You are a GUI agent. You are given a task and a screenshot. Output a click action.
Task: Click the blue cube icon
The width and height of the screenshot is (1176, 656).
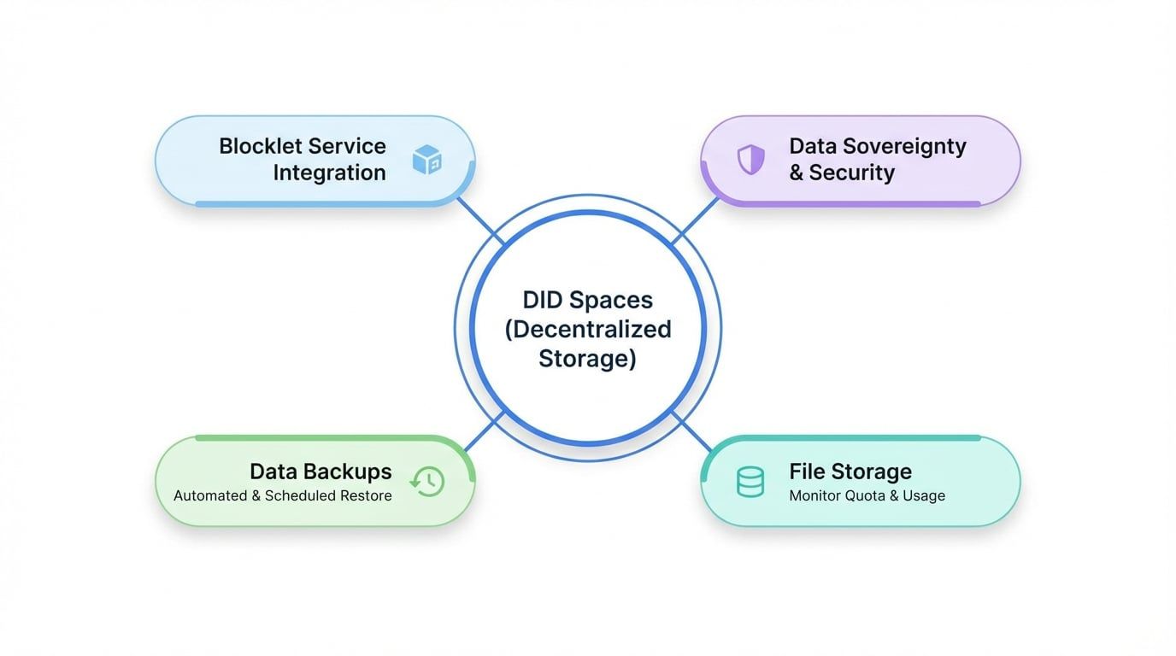pos(426,160)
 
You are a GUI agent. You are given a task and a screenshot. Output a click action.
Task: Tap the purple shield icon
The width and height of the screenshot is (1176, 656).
pos(750,159)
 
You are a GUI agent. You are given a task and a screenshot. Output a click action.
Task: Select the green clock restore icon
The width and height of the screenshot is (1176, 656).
pos(427,481)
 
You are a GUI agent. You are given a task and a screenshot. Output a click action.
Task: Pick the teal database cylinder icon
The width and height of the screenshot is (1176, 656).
pos(750,482)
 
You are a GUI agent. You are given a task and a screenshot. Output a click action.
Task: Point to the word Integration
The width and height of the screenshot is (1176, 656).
pos(329,173)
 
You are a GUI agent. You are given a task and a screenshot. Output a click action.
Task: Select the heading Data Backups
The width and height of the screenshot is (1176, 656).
pos(320,471)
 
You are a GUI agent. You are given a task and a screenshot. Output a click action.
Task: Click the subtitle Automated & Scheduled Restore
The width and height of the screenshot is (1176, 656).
pos(283,495)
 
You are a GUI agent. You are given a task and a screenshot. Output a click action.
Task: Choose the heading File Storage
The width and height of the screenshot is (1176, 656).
pos(850,471)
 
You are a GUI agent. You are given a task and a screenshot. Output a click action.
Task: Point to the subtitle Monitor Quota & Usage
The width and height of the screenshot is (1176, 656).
pos(867,495)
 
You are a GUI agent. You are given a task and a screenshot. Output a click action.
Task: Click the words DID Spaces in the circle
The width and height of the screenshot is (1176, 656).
pos(588,300)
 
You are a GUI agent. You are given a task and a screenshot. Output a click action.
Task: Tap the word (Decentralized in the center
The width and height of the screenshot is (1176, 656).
pos(588,330)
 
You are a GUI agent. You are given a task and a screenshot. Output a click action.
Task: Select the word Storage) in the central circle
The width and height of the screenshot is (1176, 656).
pos(588,359)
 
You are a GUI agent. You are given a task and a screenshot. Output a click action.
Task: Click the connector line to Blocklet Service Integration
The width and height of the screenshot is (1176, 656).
pos(479,219)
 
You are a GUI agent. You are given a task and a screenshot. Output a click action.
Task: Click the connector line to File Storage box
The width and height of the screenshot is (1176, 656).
pos(694,433)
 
